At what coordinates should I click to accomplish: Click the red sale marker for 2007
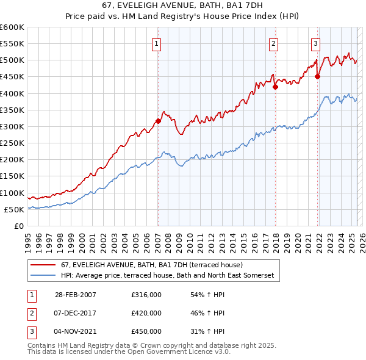[x=158, y=121]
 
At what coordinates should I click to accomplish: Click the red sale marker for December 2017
[x=275, y=87]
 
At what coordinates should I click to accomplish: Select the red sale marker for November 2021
[x=318, y=76]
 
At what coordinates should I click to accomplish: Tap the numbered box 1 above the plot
[x=157, y=43]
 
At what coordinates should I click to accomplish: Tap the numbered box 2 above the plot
[x=274, y=43]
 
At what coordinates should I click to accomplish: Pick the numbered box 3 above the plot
[x=315, y=43]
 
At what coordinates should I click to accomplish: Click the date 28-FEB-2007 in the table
[x=76, y=295]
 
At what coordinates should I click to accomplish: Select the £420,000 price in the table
[x=146, y=313]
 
